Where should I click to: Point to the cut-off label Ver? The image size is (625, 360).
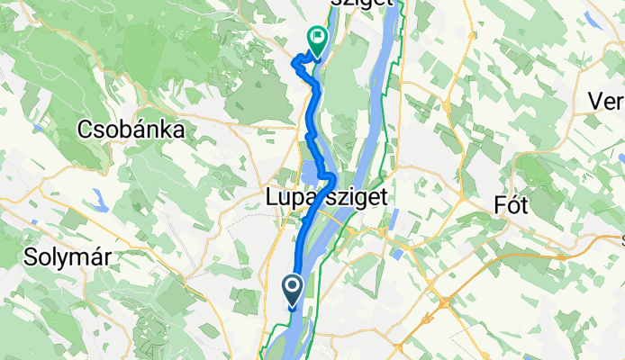coord(606,101)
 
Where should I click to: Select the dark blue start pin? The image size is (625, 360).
coord(294,291)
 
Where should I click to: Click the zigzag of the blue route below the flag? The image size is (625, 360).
coord(302,62)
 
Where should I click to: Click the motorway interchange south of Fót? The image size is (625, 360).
coord(444,301)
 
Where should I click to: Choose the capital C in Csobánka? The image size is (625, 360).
coord(86,130)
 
